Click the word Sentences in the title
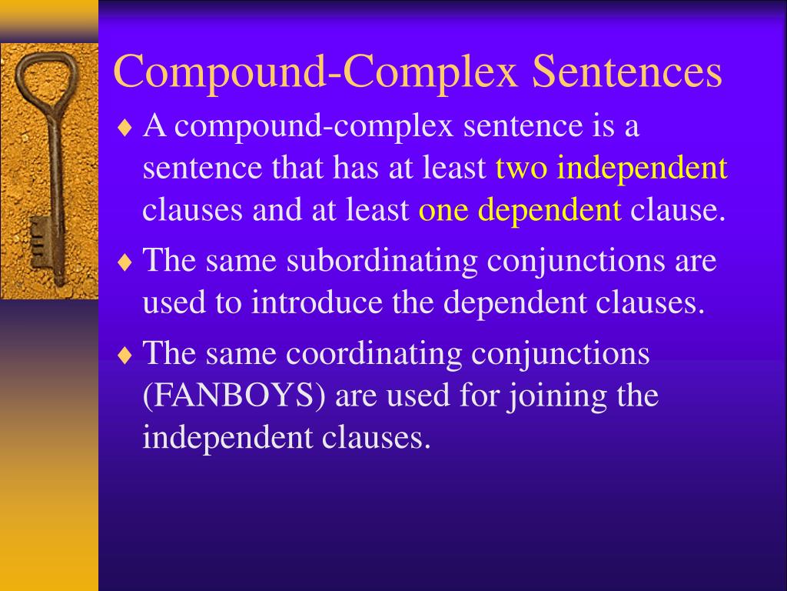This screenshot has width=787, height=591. [627, 74]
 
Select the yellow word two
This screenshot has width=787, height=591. [523, 168]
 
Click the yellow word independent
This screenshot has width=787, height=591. [643, 168]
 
